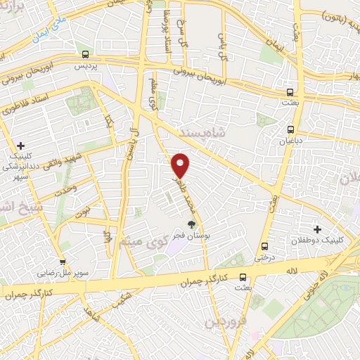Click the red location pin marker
pos(181,165)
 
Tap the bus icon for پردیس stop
pos(86,54)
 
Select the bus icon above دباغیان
pos(290,129)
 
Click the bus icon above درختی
pos(265,247)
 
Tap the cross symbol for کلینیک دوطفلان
pos(317,229)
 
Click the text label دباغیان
pos(290,141)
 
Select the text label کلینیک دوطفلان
pos(320,240)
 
